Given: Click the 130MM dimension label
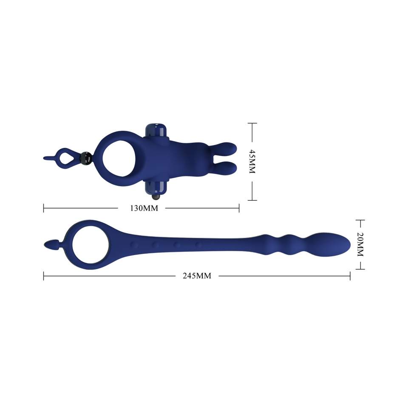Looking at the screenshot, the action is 144,208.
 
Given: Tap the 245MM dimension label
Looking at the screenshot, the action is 197,276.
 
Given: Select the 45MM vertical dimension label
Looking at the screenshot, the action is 252,161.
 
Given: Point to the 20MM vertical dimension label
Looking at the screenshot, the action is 360,244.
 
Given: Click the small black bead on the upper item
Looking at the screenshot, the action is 85,158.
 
